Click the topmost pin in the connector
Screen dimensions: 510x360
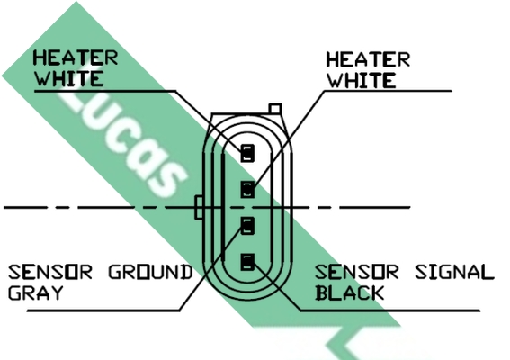[247, 153]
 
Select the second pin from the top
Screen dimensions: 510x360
[247, 189]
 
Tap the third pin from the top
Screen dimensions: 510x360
[247, 226]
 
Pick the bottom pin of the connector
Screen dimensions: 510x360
[247, 263]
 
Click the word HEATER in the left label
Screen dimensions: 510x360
[76, 58]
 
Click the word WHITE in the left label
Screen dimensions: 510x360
[69, 78]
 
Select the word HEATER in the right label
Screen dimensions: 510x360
[368, 60]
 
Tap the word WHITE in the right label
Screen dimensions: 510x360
[362, 80]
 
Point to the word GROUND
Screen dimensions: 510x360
[150, 272]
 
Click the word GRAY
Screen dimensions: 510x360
[35, 292]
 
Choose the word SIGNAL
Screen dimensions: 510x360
[455, 272]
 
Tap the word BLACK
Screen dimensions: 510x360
[350, 292]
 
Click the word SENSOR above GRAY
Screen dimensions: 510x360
[50, 272]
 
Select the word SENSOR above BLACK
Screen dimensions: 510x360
[357, 272]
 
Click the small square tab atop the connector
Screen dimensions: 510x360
[275, 109]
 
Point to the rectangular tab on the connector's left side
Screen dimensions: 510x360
[199, 208]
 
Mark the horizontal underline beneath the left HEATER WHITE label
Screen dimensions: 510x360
[105, 91]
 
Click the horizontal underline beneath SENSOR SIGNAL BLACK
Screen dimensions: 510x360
[390, 310]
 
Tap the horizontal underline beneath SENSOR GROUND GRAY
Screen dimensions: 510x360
[103, 310]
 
